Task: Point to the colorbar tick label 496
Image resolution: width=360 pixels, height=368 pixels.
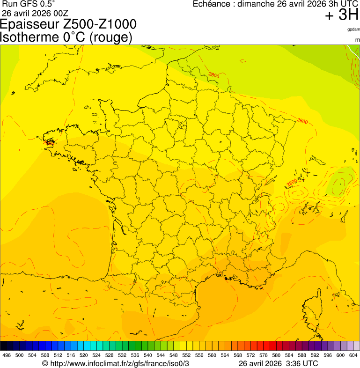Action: click(x=7, y=356)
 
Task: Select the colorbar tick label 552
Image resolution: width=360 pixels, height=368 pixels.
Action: click(x=186, y=356)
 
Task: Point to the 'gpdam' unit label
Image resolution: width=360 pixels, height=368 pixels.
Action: click(x=353, y=29)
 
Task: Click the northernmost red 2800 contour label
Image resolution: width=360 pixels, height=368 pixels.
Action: click(x=214, y=75)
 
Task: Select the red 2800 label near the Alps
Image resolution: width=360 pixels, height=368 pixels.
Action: click(x=291, y=183)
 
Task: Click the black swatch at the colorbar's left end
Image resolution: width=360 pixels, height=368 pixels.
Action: click(x=4, y=346)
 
